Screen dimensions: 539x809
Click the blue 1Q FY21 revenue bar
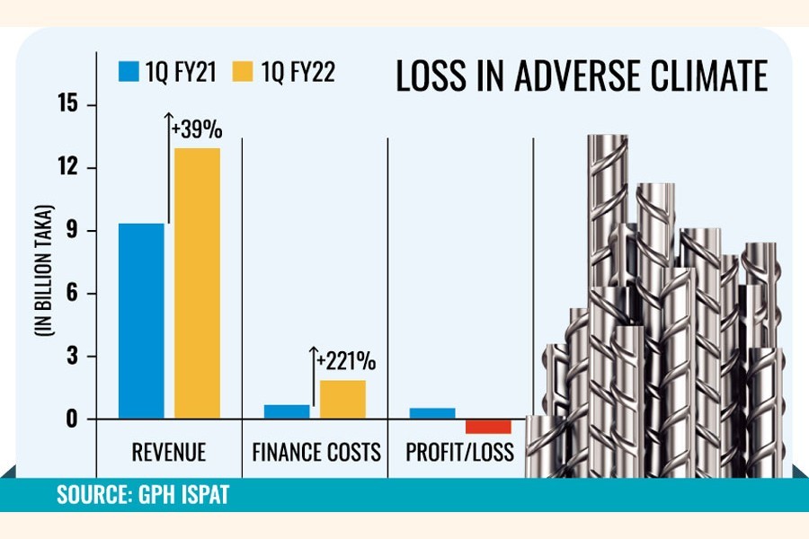point(141,321)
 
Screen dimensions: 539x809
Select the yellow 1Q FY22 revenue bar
point(197,283)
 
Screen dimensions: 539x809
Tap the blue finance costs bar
point(286,411)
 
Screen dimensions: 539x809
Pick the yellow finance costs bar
point(342,400)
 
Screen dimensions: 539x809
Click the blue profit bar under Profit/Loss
point(432,413)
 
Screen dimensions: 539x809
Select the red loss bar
point(488,427)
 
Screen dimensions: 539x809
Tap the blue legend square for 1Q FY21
point(128,71)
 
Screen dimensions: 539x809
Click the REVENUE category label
point(168,452)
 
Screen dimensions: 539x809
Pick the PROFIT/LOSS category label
point(460,452)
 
